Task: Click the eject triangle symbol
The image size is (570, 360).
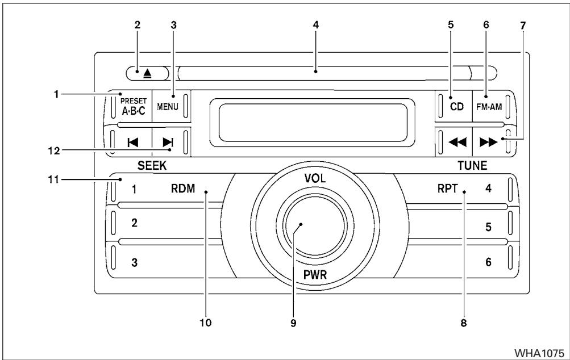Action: click(x=147, y=74)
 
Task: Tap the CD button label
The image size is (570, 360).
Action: click(x=456, y=107)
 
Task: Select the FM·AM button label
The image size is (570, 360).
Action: click(x=489, y=107)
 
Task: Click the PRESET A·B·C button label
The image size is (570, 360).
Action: click(x=134, y=106)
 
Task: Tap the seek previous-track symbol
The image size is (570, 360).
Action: click(x=132, y=143)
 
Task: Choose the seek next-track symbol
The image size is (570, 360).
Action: click(x=168, y=142)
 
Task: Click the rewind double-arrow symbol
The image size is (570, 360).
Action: click(x=457, y=142)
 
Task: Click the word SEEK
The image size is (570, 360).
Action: click(x=152, y=166)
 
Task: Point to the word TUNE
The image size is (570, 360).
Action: click(x=472, y=166)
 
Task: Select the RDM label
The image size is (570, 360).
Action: click(x=183, y=189)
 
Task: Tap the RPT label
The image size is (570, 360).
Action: click(x=447, y=189)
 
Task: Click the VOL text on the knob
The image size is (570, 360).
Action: click(x=315, y=178)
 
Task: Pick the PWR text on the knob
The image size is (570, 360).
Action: click(x=315, y=275)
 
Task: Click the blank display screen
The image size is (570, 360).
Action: click(x=312, y=123)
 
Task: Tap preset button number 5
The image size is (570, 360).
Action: click(x=489, y=227)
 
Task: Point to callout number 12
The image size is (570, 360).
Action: click(x=54, y=150)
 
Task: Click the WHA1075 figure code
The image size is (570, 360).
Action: click(x=539, y=353)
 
